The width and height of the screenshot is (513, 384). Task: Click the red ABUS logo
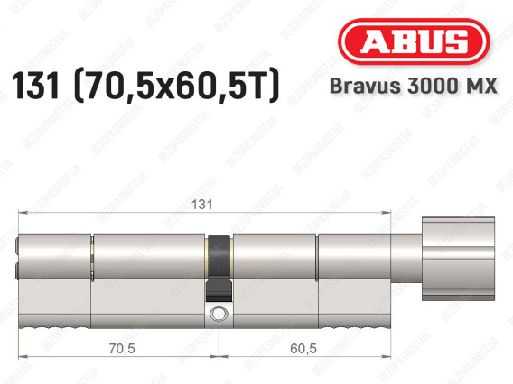[414, 41]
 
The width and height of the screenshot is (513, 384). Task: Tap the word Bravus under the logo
[365, 86]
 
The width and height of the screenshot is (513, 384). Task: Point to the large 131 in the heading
[35, 86]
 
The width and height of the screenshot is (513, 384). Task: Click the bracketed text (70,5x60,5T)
[177, 86]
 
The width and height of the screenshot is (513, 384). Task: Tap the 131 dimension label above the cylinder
[201, 205]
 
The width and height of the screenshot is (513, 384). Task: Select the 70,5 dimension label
[122, 349]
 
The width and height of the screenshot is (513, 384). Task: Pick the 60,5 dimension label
[303, 349]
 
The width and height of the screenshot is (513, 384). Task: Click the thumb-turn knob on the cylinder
[458, 259]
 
